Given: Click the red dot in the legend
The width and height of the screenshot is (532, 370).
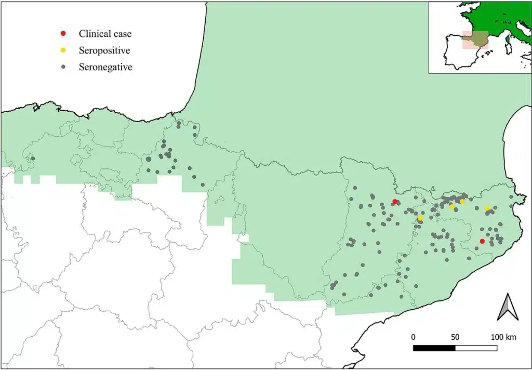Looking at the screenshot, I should pos(63,34).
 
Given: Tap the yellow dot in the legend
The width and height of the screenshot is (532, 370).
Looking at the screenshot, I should pos(63,50).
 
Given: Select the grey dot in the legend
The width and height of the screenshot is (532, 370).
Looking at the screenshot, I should pos(63,67).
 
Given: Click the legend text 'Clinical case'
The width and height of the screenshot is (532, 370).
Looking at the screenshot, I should pos(105,34).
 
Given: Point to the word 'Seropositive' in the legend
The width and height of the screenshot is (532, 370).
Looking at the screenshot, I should pos(104,50).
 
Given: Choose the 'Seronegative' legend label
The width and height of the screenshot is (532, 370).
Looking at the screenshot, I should pos(105,67).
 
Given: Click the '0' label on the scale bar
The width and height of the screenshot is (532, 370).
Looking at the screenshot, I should pos(414,337).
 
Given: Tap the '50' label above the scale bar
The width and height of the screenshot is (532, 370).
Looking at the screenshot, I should pos(455,337).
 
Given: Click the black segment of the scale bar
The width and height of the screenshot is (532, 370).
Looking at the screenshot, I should pos(434,347).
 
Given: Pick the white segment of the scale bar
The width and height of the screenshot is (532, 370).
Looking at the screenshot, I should pos(476,347).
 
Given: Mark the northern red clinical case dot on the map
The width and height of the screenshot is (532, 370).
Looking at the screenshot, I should pos(395,202).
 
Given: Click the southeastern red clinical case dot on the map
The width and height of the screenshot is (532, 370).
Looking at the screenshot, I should pos(482,241).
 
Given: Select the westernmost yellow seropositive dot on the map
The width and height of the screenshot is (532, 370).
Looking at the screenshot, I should pos(420,218).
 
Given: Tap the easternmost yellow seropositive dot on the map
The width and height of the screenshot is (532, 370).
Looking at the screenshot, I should pos(487,208).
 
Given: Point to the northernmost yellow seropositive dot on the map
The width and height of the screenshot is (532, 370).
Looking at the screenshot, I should pos(462,201).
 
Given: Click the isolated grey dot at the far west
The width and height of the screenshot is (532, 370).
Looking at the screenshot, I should pos(33,158).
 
